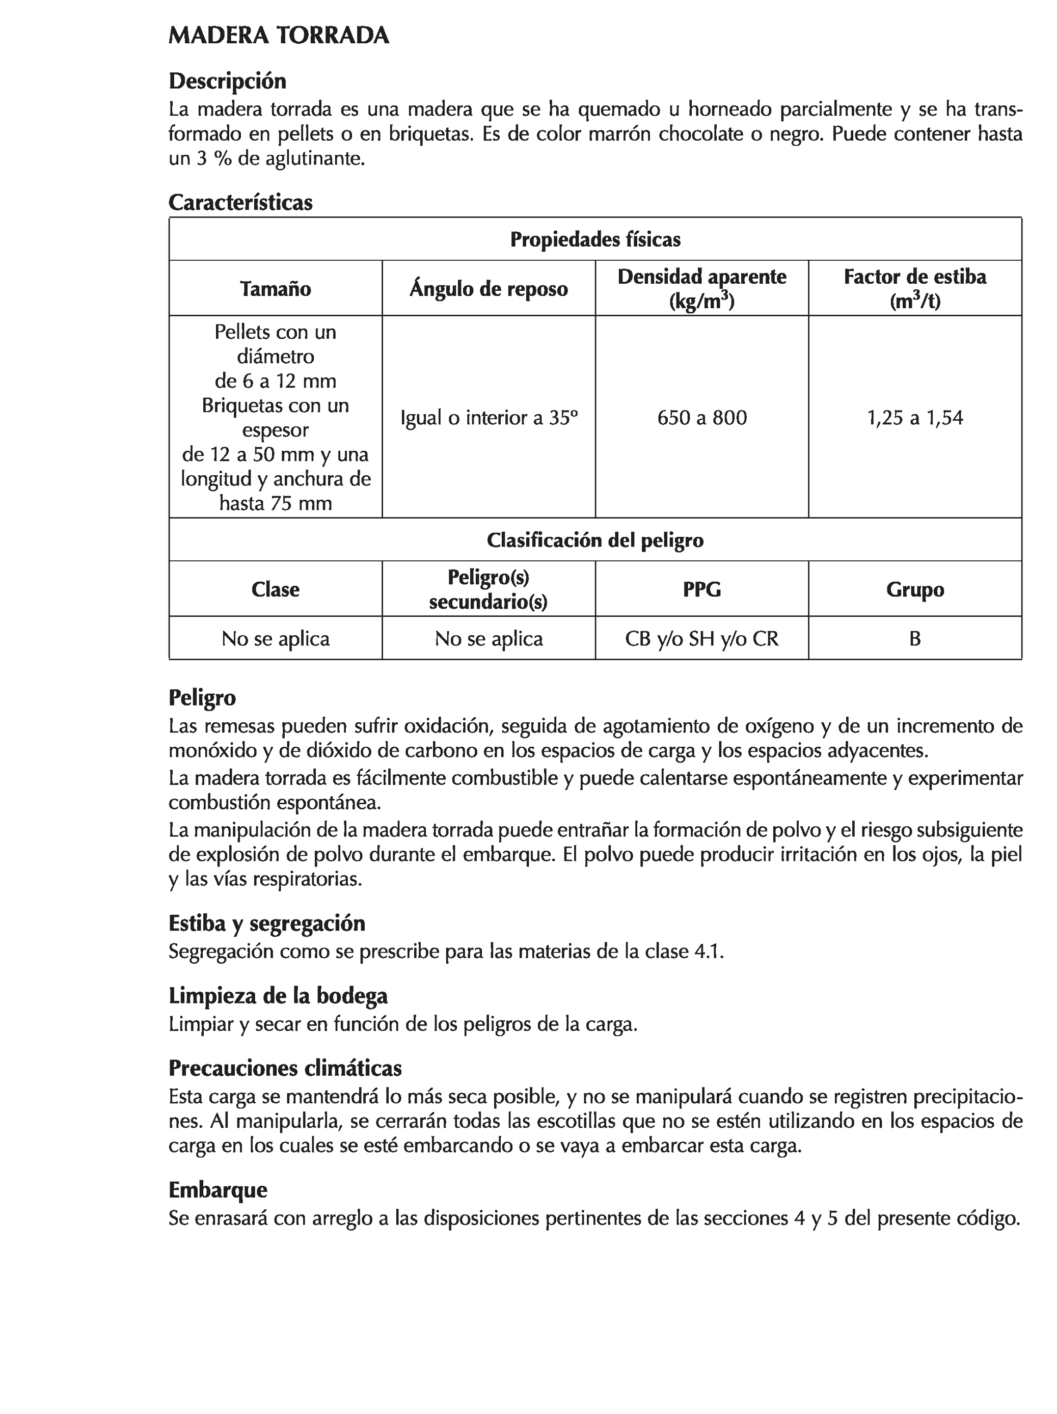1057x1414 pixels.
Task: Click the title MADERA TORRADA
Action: coord(279,36)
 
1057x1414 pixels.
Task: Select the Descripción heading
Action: coord(227,81)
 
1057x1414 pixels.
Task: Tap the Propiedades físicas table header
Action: coord(594,240)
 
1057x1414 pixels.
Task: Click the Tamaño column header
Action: coord(276,289)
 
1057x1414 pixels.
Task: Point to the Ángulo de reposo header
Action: coord(489,289)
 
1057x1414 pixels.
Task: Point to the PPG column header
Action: coord(701,589)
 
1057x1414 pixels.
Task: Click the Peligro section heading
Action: coord(202,697)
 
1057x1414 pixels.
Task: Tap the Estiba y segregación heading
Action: coord(266,923)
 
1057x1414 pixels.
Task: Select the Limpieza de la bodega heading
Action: coord(278,996)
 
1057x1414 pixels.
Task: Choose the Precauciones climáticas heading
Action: coord(285,1069)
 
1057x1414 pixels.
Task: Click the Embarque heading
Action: coord(218,1190)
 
